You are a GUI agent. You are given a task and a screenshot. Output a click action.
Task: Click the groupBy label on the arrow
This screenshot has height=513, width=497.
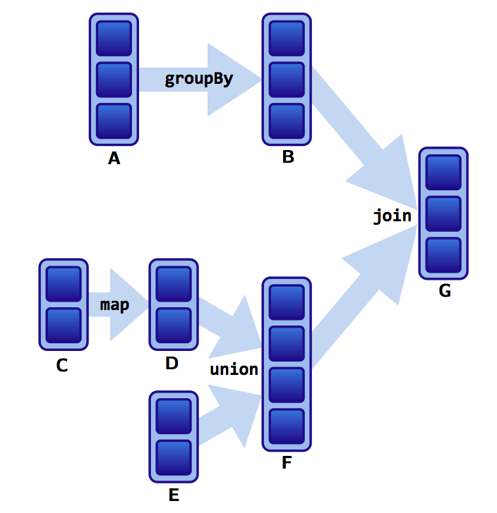pyautogui.click(x=198, y=78)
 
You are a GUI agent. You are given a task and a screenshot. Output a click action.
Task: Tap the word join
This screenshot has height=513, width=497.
pyautogui.click(x=392, y=216)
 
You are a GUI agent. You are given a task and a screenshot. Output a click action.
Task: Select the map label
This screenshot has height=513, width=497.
pyautogui.click(x=114, y=305)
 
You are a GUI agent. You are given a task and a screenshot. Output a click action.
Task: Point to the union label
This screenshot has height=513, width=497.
pyautogui.click(x=234, y=369)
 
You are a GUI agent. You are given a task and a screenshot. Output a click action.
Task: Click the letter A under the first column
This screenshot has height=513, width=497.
pyautogui.click(x=114, y=159)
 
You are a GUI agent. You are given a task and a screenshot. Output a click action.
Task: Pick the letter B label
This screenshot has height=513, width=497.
pyautogui.click(x=287, y=157)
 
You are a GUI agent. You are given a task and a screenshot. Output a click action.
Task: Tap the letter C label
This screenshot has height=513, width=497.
pyautogui.click(x=62, y=366)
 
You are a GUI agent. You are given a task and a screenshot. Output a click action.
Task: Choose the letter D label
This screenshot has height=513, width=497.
pyautogui.click(x=172, y=364)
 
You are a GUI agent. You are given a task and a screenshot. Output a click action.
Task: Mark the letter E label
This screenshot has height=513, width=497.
pyautogui.click(x=174, y=495)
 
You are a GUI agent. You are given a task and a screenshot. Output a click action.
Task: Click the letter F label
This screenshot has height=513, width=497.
pyautogui.click(x=286, y=463)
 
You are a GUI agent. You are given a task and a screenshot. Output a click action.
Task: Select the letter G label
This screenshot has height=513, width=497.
pyautogui.click(x=444, y=290)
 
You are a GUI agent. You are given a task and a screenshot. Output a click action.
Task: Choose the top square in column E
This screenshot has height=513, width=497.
pyautogui.click(x=174, y=416)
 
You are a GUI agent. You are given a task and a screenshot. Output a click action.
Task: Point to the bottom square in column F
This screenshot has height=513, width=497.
pyautogui.click(x=287, y=426)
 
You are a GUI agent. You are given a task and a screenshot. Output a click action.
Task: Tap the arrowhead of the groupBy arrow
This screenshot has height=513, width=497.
pyautogui.click(x=233, y=80)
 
